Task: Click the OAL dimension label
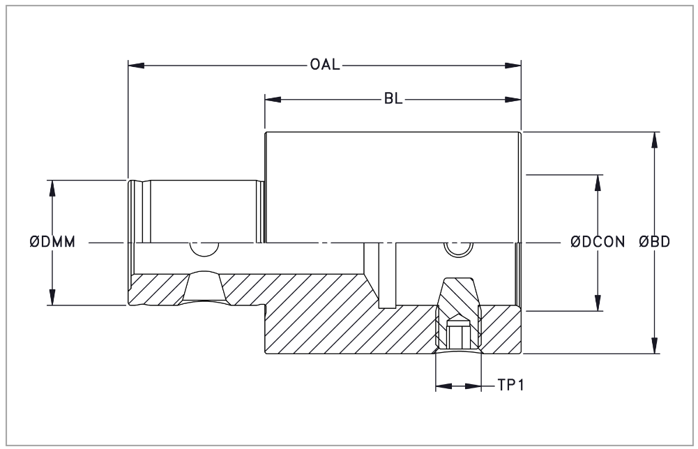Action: pyautogui.click(x=325, y=65)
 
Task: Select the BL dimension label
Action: pyautogui.click(x=393, y=99)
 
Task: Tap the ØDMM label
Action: pyautogui.click(x=52, y=242)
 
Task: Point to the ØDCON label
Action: pyautogui.click(x=598, y=242)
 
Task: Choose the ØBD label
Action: pyautogui.click(x=654, y=242)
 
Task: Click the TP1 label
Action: pyautogui.click(x=510, y=385)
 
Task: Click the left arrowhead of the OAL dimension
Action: pyautogui.click(x=136, y=66)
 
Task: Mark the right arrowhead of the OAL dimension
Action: pyautogui.click(x=513, y=66)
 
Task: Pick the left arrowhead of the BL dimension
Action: pyautogui.click(x=273, y=99)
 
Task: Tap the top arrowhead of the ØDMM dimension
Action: pyautogui.click(x=52, y=188)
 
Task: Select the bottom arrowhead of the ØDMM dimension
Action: pyautogui.click(x=52, y=297)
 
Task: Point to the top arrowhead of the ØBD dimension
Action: pyautogui.click(x=653, y=139)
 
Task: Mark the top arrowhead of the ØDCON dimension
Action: pyautogui.click(x=598, y=183)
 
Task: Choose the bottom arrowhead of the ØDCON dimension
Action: pyautogui.click(x=598, y=303)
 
